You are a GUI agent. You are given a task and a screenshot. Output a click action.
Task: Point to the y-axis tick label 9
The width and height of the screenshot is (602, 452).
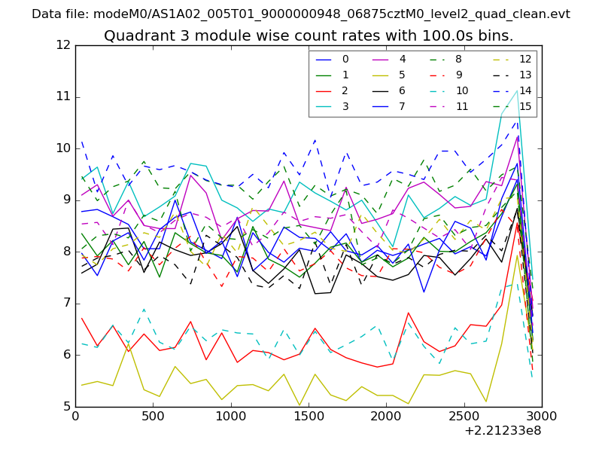(66, 200)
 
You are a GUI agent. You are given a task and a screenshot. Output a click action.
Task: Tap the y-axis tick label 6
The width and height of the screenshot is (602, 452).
(66, 356)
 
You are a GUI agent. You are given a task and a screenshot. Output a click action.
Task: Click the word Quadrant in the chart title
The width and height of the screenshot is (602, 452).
(134, 36)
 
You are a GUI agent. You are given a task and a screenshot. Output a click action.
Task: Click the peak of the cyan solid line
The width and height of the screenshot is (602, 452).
(518, 90)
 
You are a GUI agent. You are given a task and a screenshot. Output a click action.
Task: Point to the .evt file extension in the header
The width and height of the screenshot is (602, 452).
(558, 14)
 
